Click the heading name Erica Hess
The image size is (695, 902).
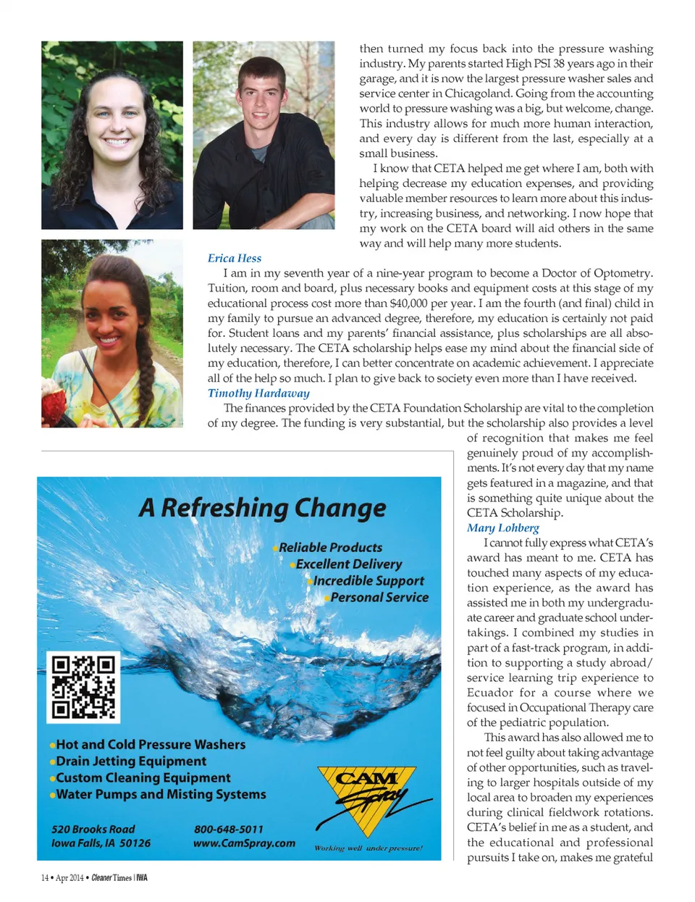[x=235, y=258]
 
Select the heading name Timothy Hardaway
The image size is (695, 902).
[x=258, y=393]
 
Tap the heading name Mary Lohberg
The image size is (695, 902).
[x=502, y=527]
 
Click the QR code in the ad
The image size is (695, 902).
[x=83, y=687]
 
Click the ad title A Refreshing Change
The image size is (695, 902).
[x=262, y=508]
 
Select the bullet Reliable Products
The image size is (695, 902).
[x=330, y=547]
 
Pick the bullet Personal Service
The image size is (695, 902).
[x=379, y=597]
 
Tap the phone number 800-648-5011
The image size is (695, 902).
[x=229, y=829]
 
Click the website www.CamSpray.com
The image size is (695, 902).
[x=244, y=843]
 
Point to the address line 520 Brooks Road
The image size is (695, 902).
[x=93, y=829]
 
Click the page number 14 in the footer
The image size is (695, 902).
[x=45, y=878]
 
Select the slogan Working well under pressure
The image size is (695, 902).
[x=368, y=848]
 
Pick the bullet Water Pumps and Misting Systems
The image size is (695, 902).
[x=161, y=794]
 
